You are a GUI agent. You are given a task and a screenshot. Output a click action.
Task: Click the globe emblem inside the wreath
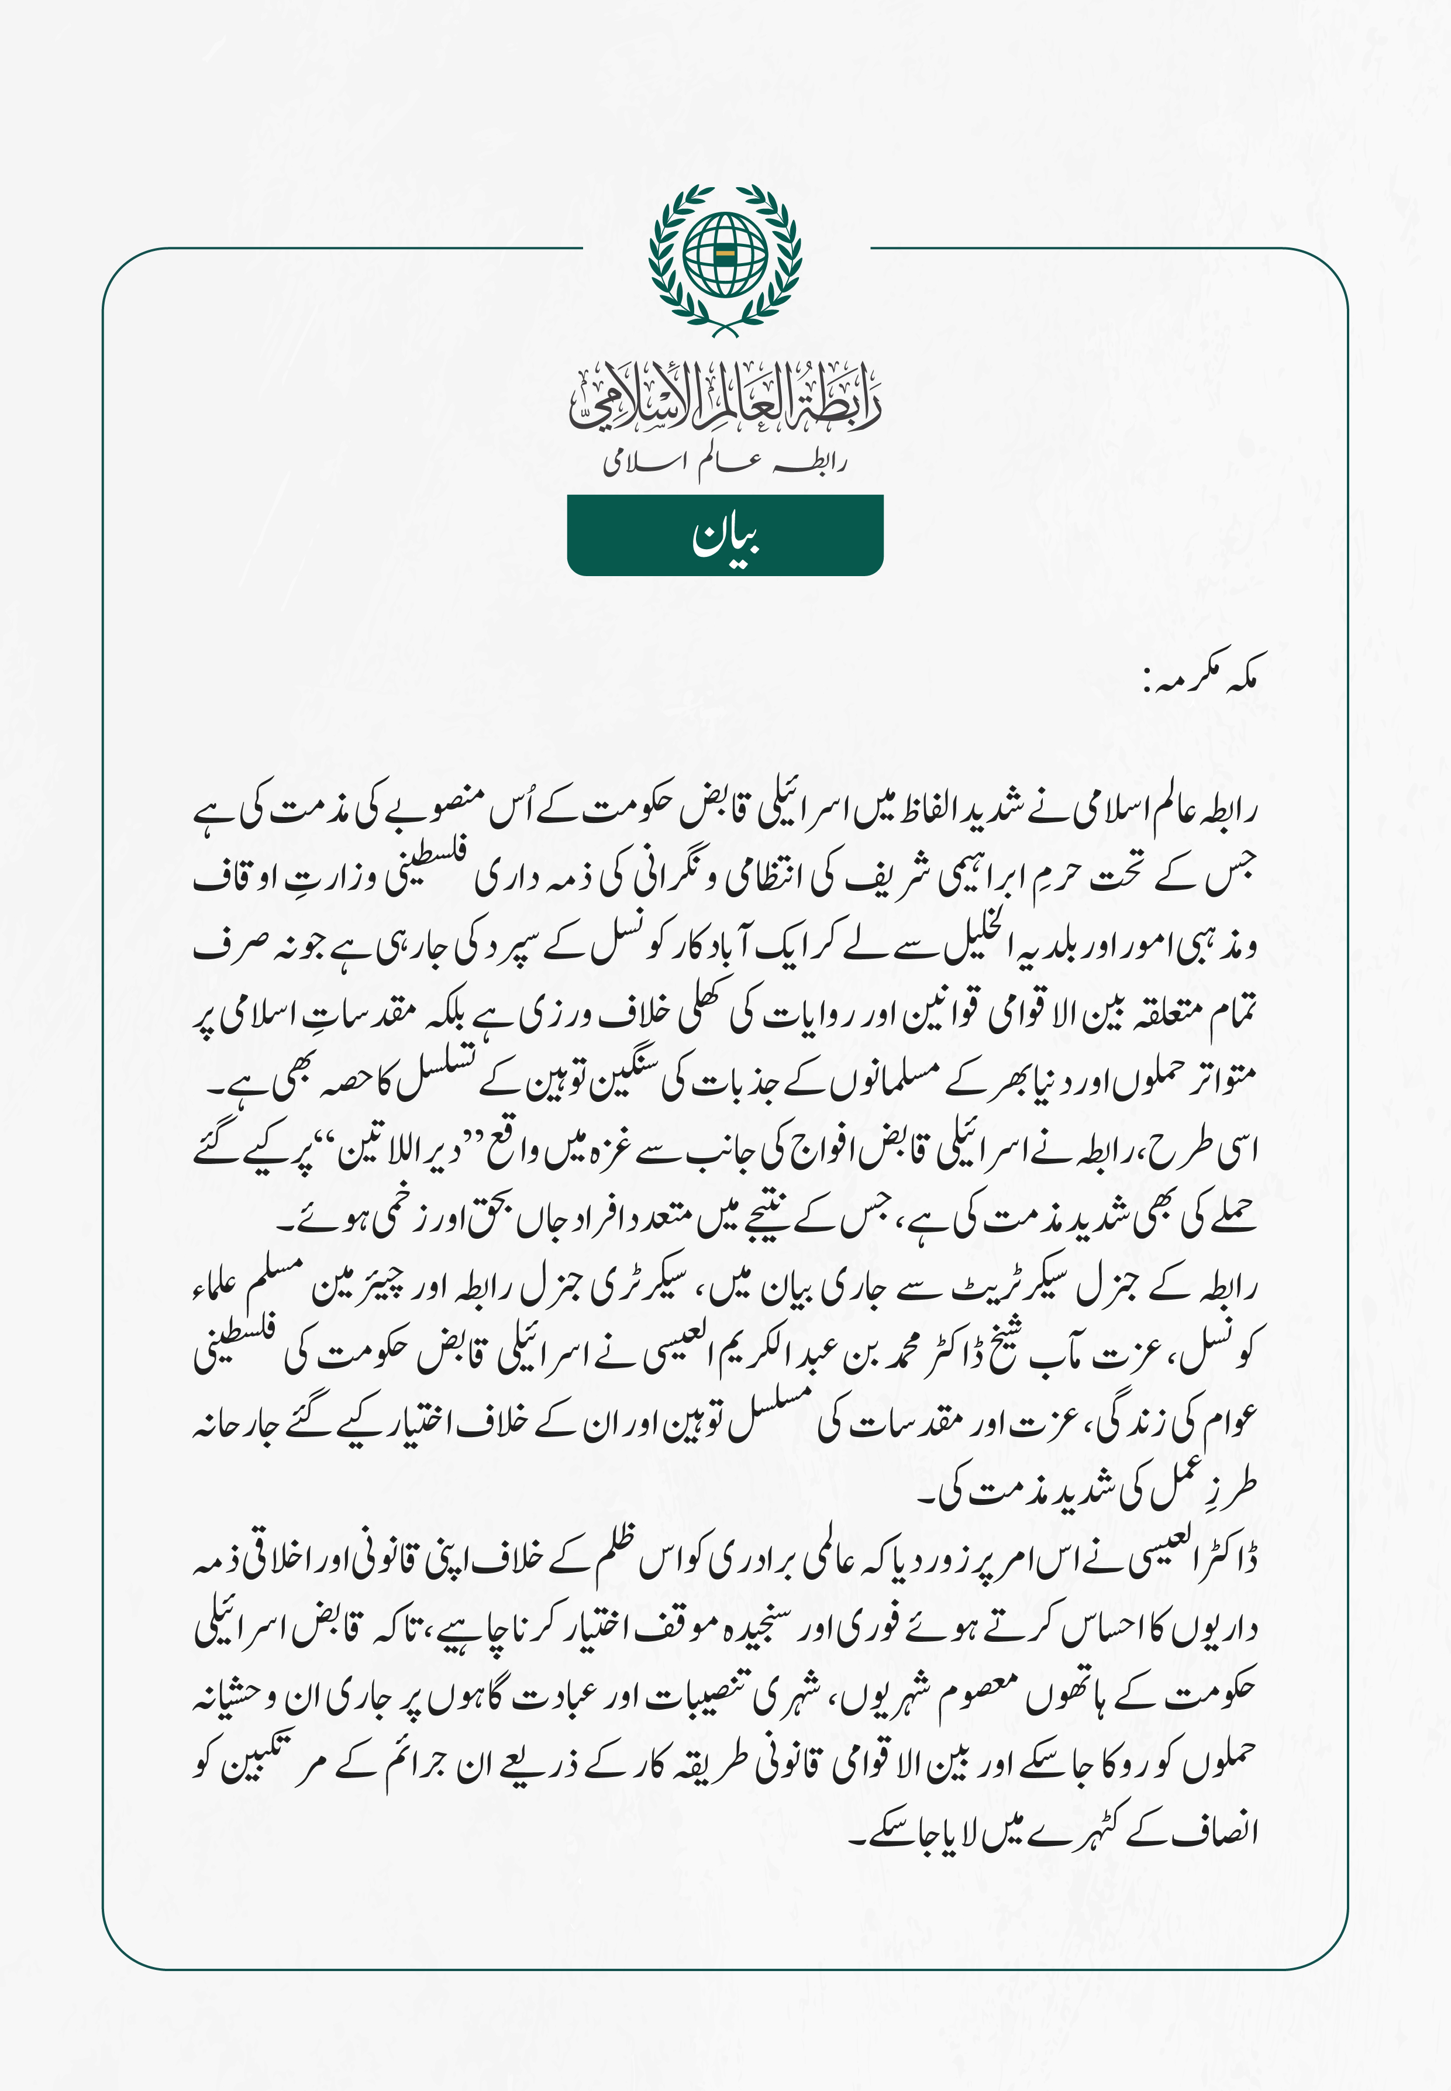[x=725, y=254]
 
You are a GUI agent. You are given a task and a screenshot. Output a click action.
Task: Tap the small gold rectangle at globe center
[x=725, y=254]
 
